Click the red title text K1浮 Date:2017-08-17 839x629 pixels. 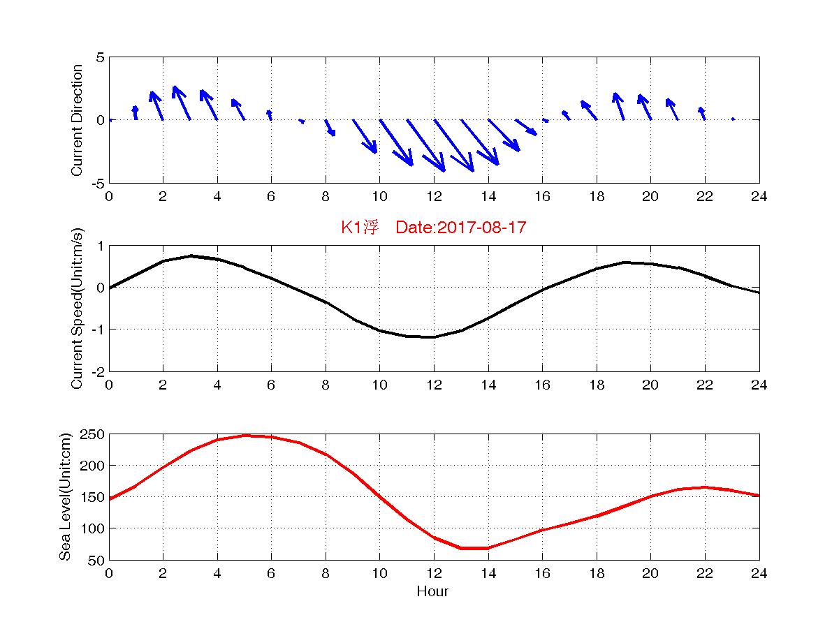tap(433, 228)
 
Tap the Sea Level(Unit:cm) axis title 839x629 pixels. tap(65, 497)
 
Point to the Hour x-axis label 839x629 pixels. tap(432, 592)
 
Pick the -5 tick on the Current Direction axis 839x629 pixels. tap(98, 183)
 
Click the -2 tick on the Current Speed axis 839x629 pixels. tap(98, 371)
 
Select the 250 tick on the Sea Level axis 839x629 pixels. tap(94, 434)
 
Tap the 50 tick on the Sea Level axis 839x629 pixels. tap(96, 560)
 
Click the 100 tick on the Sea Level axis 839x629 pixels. tap(94, 528)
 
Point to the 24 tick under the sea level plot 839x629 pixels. tap(759, 574)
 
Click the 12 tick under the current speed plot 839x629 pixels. tap(434, 385)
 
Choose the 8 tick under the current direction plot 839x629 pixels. tap(326, 197)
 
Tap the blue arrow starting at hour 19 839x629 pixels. tap(619, 106)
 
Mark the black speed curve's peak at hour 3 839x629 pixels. tap(190, 256)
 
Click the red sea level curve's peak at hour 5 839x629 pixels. tap(245, 436)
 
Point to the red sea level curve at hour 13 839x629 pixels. tap(461, 548)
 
